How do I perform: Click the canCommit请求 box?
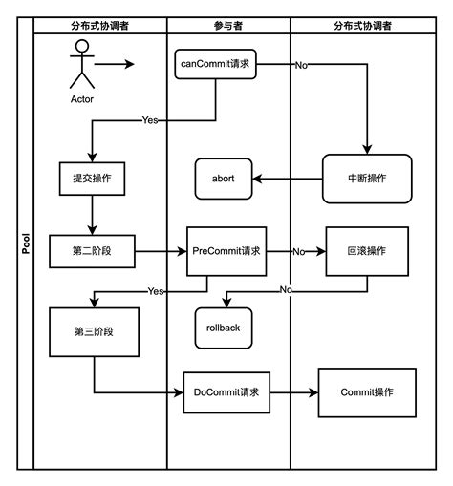pos(215,64)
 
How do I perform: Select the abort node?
pos(224,179)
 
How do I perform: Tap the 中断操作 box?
pos(367,179)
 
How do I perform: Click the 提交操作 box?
pos(92,179)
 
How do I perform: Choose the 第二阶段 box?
pos(92,251)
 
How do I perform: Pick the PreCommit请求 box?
pos(226,251)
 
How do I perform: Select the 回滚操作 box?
pos(367,251)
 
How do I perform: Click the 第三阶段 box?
pos(94,332)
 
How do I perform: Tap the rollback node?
pos(224,328)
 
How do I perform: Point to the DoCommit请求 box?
pos(226,392)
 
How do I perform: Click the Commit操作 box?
pos(367,392)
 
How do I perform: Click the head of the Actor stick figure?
pos(82,46)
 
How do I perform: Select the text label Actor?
pos(82,99)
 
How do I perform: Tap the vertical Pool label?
pos(26,243)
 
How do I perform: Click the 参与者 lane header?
pos(228,26)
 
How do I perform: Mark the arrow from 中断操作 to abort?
pos(288,179)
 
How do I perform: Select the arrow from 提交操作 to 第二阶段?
pos(92,215)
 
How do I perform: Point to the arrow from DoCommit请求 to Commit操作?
pos(294,392)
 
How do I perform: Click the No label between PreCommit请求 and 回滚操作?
pos(299,252)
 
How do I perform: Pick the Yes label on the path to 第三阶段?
pos(156,291)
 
